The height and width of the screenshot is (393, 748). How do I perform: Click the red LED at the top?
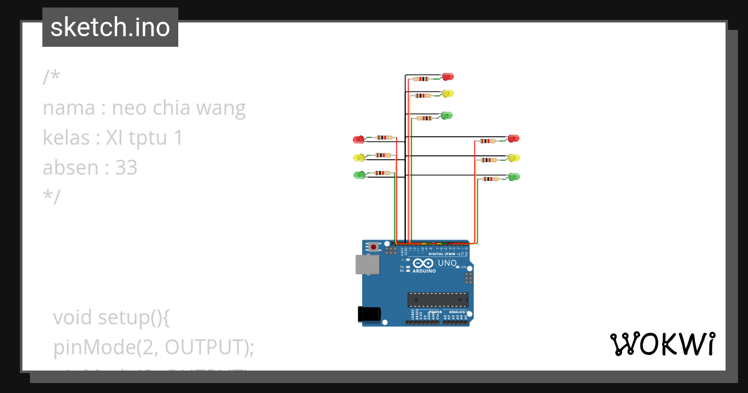point(448,77)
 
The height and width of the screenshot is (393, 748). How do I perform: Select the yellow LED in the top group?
point(448,94)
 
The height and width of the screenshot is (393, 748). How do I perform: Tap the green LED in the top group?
point(446,115)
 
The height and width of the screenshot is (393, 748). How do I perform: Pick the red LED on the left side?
point(358,139)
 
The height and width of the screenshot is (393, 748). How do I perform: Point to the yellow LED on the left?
point(358,157)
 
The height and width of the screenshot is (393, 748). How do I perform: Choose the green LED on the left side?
point(359,175)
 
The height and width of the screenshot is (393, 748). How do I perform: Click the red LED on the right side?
point(514,138)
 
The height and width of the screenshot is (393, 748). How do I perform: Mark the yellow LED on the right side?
point(514,158)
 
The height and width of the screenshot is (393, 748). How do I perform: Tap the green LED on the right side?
point(514,177)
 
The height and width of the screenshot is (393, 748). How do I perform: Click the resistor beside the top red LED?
point(422,79)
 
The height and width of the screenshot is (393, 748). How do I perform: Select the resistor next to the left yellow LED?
point(383,155)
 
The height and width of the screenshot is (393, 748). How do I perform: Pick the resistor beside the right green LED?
point(491,179)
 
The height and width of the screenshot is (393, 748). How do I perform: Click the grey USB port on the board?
point(367,264)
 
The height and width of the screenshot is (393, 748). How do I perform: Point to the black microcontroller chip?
point(438,299)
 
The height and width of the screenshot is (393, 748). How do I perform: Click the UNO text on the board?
point(447,263)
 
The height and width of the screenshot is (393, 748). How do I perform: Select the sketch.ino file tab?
point(110,27)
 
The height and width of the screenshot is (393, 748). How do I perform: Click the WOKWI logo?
point(661,344)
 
